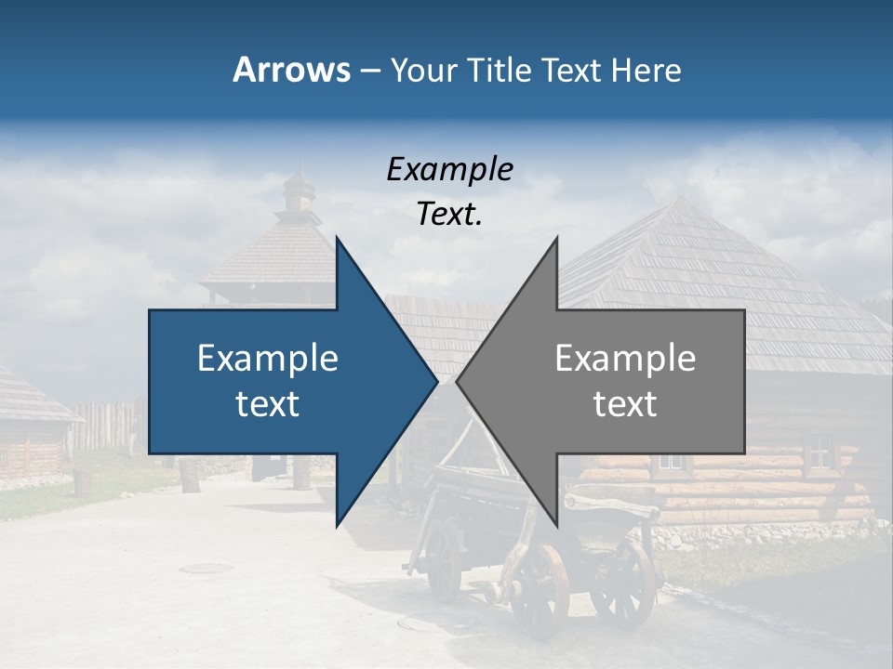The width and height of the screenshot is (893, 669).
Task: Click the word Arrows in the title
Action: pyautogui.click(x=291, y=70)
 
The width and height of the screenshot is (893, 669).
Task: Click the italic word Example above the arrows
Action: pyautogui.click(x=449, y=169)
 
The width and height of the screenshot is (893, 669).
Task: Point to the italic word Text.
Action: pyautogui.click(x=449, y=215)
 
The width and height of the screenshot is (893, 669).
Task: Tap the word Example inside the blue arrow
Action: pyautogui.click(x=268, y=359)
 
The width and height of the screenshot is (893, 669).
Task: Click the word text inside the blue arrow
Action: pyautogui.click(x=268, y=404)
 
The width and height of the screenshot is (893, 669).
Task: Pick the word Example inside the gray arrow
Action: pyautogui.click(x=625, y=359)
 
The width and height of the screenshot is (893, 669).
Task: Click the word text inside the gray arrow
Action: pyautogui.click(x=625, y=404)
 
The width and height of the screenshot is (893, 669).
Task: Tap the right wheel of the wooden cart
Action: pyautogui.click(x=622, y=585)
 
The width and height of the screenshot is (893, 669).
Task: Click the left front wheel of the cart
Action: pyautogui.click(x=540, y=591)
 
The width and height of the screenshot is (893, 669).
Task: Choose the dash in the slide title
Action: pyautogui.click(x=369, y=71)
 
